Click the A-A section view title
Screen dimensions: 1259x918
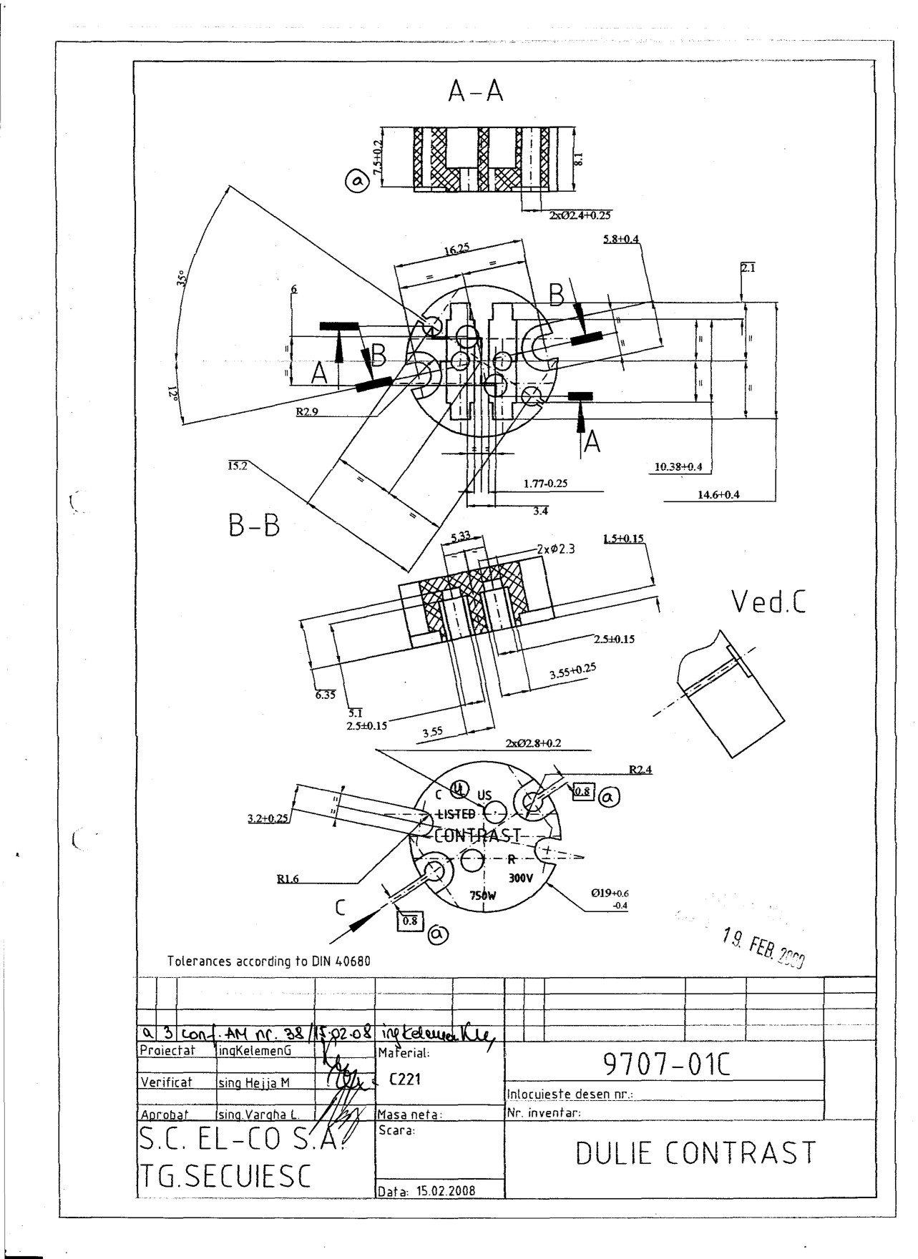pyautogui.click(x=476, y=91)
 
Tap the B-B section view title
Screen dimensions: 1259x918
pyautogui.click(x=254, y=526)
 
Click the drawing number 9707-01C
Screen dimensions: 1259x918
pyautogui.click(x=666, y=1067)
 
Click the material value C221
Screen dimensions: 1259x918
pyautogui.click(x=404, y=1079)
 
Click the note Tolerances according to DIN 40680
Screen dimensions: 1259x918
pyautogui.click(x=269, y=961)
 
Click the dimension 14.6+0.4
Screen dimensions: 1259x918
pyautogui.click(x=718, y=495)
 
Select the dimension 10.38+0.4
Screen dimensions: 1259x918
pyautogui.click(x=678, y=467)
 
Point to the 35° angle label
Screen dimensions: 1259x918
pyautogui.click(x=181, y=278)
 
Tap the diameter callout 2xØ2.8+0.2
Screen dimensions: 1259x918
pyautogui.click(x=533, y=743)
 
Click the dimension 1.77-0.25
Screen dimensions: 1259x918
pyautogui.click(x=545, y=484)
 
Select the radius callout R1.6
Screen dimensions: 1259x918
pyautogui.click(x=288, y=879)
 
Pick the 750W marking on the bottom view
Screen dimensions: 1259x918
pyautogui.click(x=483, y=895)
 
